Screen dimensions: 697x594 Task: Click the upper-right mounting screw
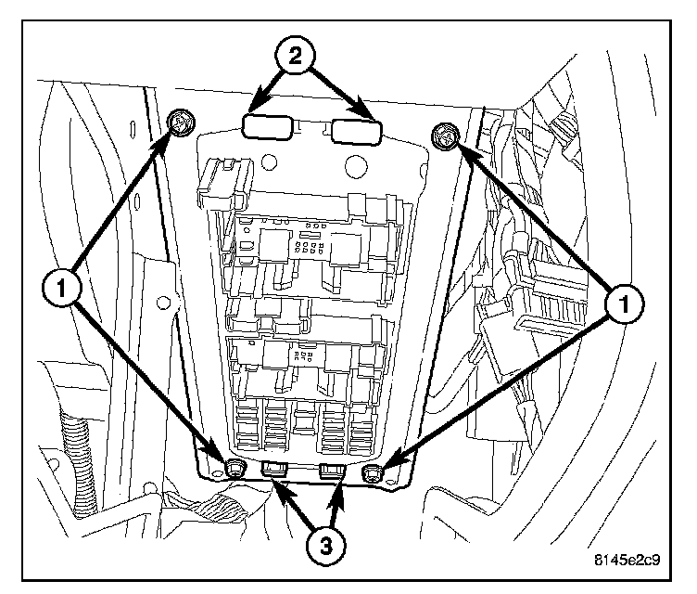444,138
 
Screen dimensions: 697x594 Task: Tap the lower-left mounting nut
235,467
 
